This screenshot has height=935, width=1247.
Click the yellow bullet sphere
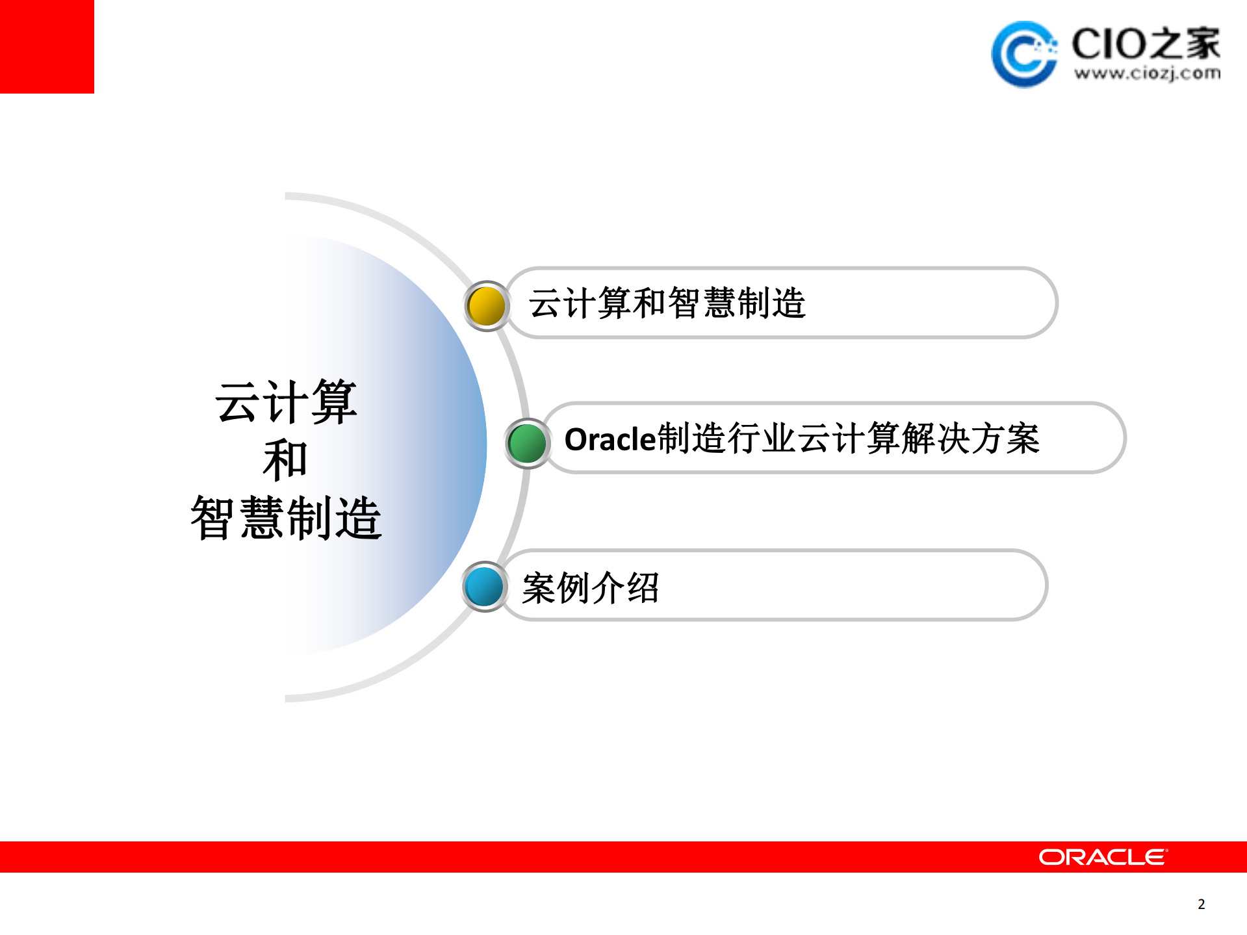click(486, 305)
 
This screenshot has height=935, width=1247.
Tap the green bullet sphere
click(527, 443)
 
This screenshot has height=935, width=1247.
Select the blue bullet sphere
click(484, 586)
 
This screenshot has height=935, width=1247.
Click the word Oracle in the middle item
click(610, 439)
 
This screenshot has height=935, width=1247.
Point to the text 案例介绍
click(590, 588)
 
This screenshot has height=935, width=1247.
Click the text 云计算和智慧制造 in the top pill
click(667, 303)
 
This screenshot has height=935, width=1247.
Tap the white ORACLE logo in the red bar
click(1102, 857)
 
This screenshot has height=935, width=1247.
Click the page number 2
click(1201, 904)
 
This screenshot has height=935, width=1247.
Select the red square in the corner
click(47, 47)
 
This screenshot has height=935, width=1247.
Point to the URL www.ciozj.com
click(1146, 73)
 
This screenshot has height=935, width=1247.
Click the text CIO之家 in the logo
click(1145, 44)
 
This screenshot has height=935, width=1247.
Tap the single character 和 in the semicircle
click(285, 460)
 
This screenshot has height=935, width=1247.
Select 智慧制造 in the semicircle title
click(286, 517)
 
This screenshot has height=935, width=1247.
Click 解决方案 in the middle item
click(971, 439)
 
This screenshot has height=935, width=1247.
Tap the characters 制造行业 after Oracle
click(726, 439)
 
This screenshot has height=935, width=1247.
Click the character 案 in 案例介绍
click(539, 588)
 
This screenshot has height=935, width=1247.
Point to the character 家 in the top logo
click(1202, 44)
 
